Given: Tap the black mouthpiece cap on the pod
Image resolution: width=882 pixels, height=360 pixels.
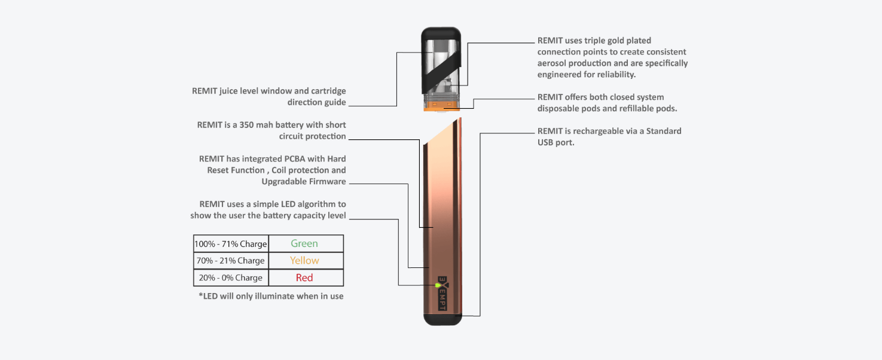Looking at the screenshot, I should tap(441, 36).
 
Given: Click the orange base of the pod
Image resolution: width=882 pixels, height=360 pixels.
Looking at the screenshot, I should tap(442, 108).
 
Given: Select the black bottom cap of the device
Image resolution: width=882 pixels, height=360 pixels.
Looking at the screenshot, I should tap(443, 319).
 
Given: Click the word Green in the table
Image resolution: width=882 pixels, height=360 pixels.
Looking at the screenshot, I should tap(304, 243).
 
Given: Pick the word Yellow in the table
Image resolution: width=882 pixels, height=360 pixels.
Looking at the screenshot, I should tap(304, 261).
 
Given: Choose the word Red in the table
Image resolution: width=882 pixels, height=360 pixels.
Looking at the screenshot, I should tap(304, 277).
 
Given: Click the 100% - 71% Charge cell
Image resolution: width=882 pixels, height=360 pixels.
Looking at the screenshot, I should tap(231, 244).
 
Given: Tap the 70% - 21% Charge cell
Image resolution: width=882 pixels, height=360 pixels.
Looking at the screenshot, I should tap(231, 261).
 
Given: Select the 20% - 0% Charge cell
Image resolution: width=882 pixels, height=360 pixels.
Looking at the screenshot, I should tap(231, 277).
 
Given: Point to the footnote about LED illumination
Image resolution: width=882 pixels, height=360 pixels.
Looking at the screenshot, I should tap(271, 296).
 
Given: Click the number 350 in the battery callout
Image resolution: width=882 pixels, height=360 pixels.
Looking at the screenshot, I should tap(248, 125).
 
